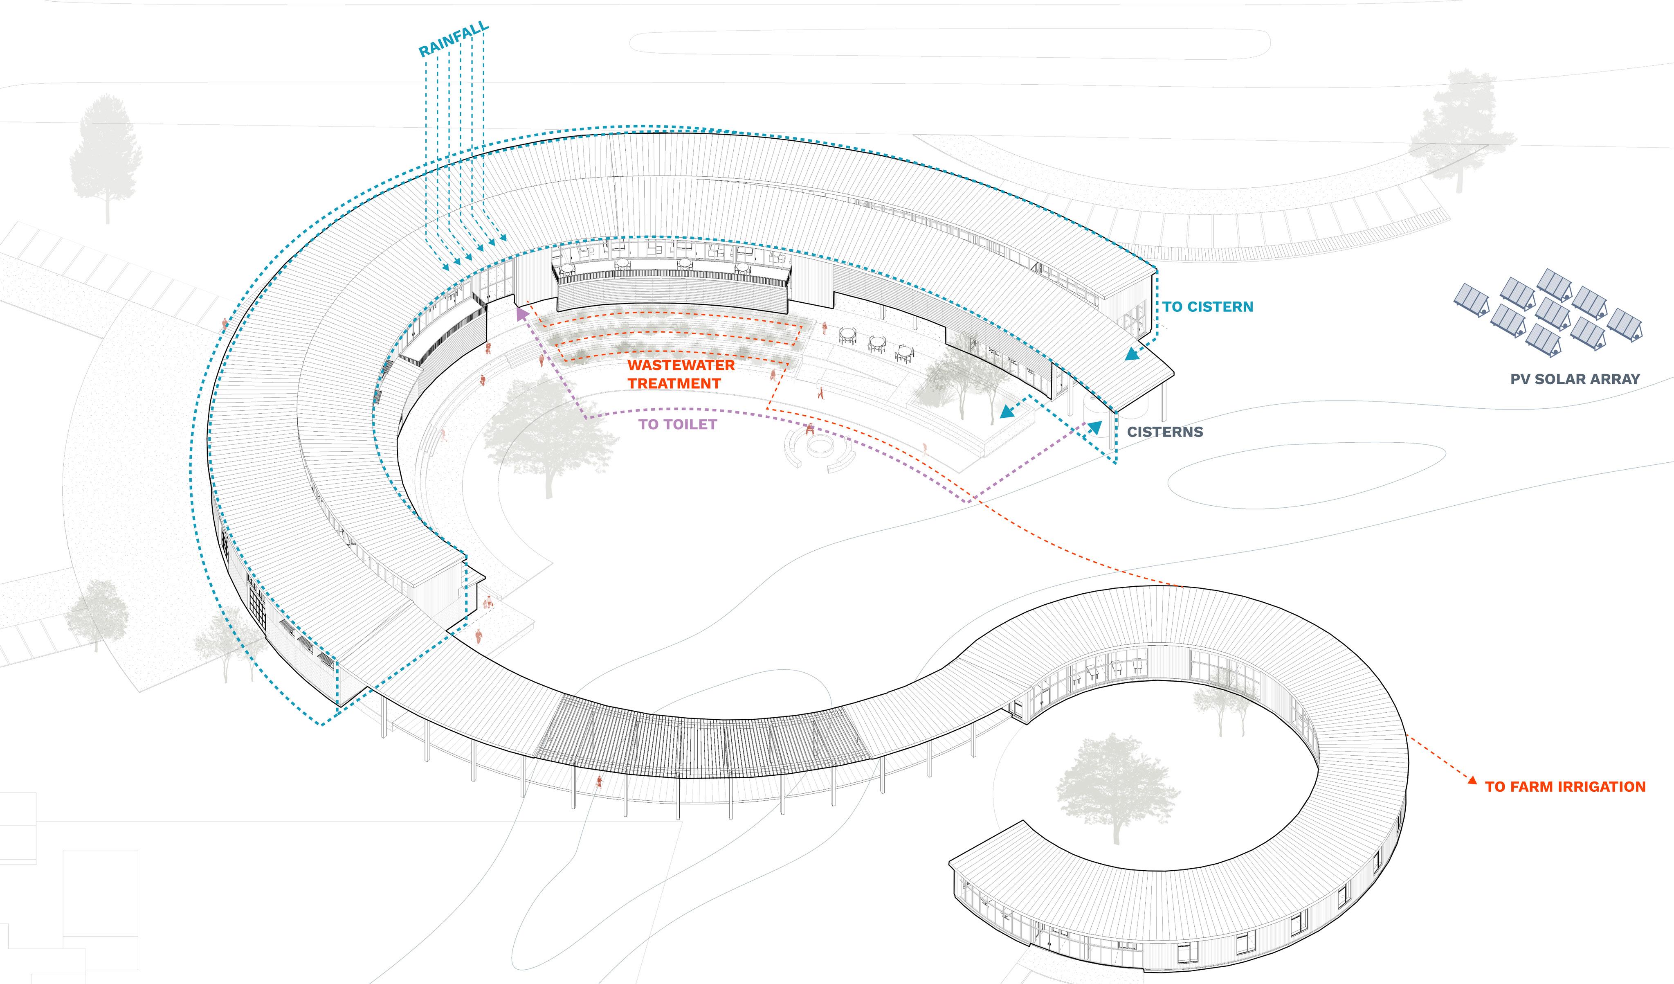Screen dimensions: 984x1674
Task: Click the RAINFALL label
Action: tap(454, 39)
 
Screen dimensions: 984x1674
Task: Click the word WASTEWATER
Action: tap(681, 365)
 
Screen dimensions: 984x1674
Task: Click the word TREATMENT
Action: tap(674, 384)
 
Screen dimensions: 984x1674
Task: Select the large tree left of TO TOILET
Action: tap(548, 432)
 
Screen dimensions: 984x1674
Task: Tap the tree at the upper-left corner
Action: tap(105, 156)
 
